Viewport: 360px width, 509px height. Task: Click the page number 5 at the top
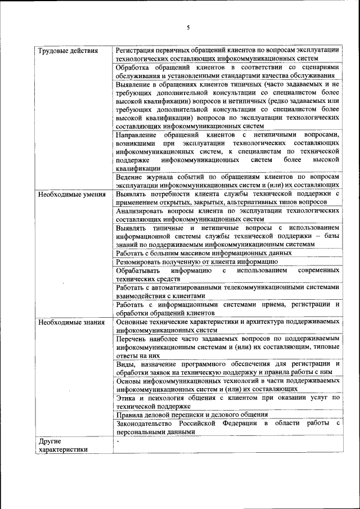click(188, 28)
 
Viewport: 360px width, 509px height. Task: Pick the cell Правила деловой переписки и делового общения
click(192, 415)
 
